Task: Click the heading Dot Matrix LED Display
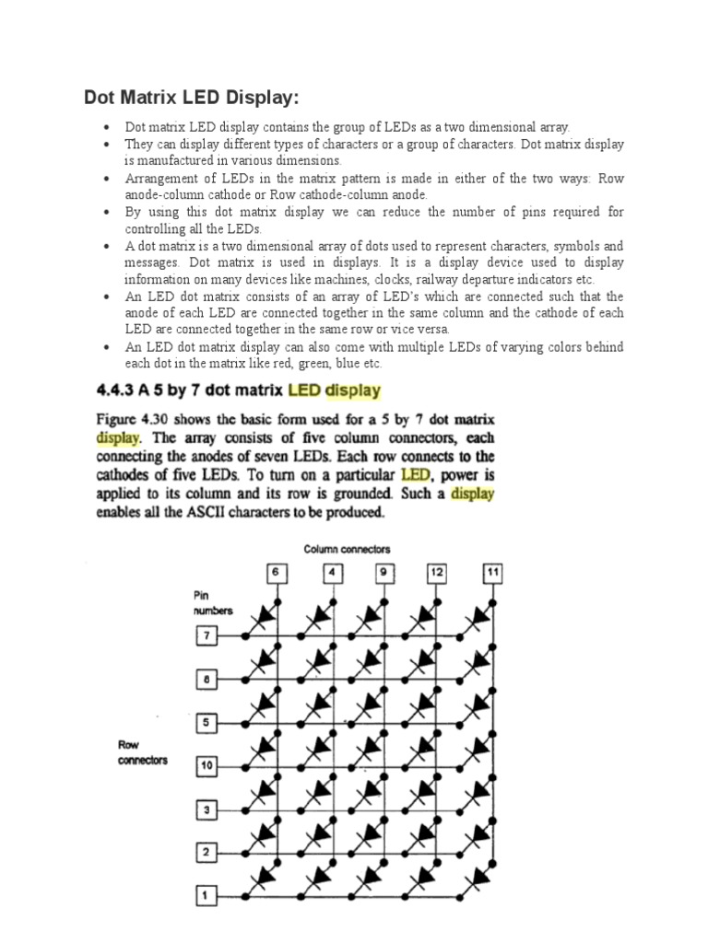coord(192,98)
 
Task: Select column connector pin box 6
coord(275,574)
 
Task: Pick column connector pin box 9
coord(383,574)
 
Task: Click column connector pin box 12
coord(437,574)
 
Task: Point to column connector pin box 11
coord(492,574)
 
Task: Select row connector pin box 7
coord(206,635)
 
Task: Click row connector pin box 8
coord(206,680)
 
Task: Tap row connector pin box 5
coord(206,723)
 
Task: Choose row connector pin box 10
coord(206,766)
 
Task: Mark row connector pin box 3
coord(206,809)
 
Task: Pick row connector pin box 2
coord(206,853)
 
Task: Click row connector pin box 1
coord(206,895)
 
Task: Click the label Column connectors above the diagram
coord(347,549)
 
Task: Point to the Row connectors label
coord(142,752)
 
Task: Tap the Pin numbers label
coord(213,603)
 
